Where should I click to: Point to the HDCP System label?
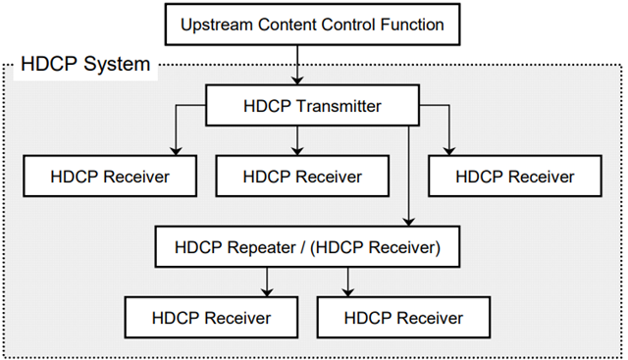(84, 67)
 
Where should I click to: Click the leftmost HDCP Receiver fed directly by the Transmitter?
(110, 178)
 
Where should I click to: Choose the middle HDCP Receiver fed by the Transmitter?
(302, 178)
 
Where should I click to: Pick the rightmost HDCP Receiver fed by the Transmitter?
(515, 178)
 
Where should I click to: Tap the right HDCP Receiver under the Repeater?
(404, 318)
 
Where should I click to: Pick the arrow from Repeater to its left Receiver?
(266, 283)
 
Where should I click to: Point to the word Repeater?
(265, 248)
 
